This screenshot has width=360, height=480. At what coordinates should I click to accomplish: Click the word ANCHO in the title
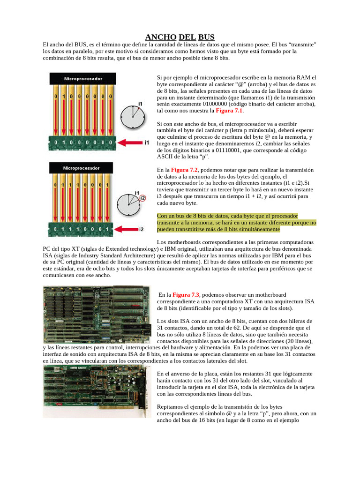(x=161, y=37)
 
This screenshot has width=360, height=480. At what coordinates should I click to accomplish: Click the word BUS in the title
(x=206, y=37)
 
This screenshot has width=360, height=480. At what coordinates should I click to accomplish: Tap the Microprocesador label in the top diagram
(x=83, y=79)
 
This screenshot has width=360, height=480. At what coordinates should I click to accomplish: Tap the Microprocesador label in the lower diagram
(x=83, y=167)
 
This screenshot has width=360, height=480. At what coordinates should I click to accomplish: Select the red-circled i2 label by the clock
(x=142, y=197)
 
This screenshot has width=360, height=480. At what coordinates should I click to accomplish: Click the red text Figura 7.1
(x=229, y=111)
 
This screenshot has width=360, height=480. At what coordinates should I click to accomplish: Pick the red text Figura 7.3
(x=186, y=294)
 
